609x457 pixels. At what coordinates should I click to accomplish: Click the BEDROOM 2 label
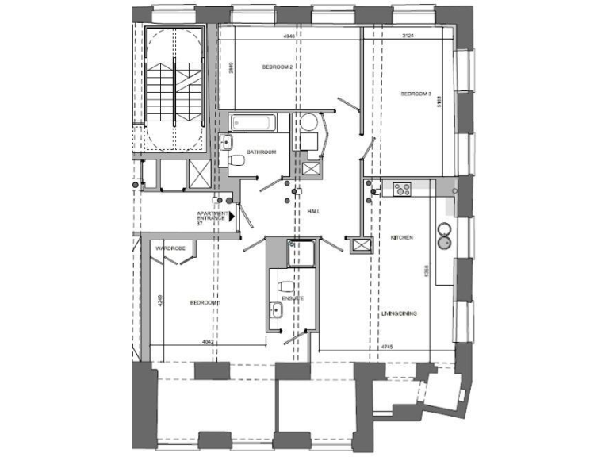pos(278,67)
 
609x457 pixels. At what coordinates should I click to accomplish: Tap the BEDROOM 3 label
pos(416,94)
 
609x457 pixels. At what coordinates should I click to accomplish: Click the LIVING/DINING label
pos(400,313)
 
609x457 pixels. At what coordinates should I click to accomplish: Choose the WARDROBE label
pos(170,248)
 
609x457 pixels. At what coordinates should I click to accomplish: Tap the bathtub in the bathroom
pos(252,122)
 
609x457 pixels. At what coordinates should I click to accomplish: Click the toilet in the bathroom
pos(236,161)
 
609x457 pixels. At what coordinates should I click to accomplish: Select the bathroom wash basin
pos(228,143)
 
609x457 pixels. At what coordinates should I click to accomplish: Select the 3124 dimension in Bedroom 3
pos(410,36)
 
